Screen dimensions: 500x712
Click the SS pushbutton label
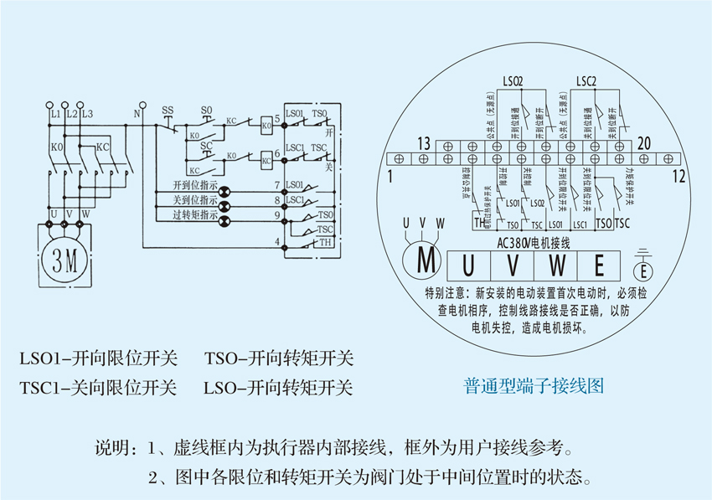click(x=168, y=111)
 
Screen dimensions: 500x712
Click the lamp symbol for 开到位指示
click(x=224, y=189)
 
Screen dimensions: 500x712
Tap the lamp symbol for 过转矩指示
click(x=224, y=215)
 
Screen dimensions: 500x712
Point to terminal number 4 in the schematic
click(x=276, y=243)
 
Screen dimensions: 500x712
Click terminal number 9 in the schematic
click(x=276, y=215)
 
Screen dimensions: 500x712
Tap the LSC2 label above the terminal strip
click(x=586, y=81)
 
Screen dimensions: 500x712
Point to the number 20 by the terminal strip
click(x=643, y=143)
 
